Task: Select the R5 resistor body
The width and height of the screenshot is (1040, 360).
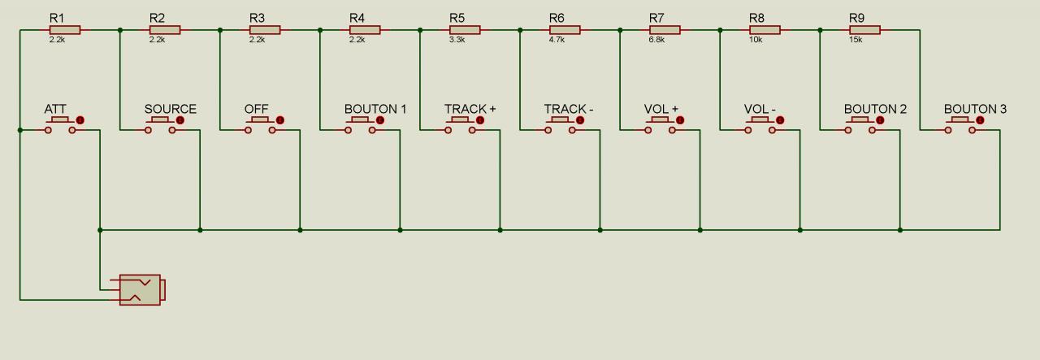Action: [x=465, y=30]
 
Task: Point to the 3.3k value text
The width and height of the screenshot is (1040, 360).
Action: [x=457, y=40]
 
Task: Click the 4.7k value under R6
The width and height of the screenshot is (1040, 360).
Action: [x=557, y=40]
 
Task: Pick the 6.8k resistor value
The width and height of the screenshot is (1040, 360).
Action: [x=656, y=40]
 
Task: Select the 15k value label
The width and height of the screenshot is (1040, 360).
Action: [x=856, y=40]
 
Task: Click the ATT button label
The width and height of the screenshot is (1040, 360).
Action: [x=55, y=109]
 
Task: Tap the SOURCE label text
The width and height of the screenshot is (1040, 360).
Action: [x=170, y=109]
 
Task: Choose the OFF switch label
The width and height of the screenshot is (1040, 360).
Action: [x=256, y=109]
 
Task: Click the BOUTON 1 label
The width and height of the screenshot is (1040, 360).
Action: [x=375, y=109]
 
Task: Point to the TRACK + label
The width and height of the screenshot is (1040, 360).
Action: [x=470, y=109]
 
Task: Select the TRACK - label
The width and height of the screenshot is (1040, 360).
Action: [x=569, y=109]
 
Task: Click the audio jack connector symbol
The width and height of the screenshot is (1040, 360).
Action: [x=141, y=290]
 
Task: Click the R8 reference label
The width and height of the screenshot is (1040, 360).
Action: [x=756, y=18]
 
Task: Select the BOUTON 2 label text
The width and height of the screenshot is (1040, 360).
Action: [x=875, y=109]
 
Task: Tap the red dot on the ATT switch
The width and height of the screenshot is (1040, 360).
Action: [x=80, y=120]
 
